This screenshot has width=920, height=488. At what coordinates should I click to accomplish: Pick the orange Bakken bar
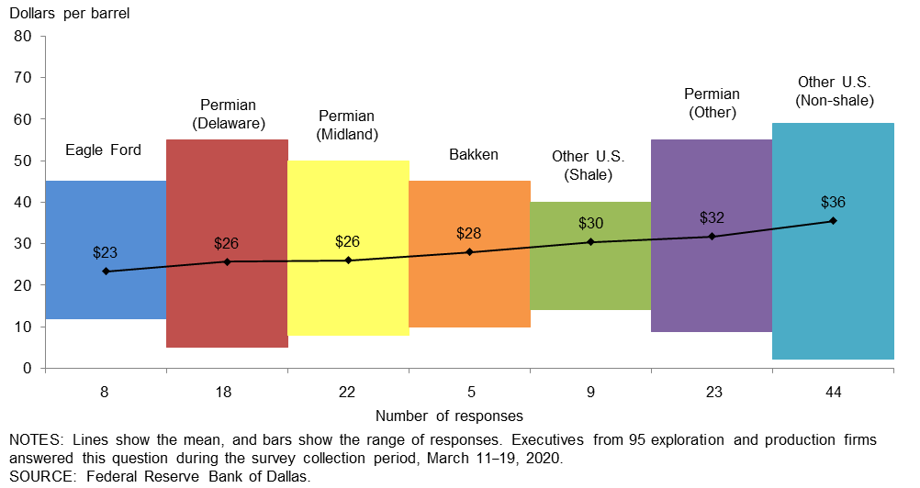(x=469, y=294)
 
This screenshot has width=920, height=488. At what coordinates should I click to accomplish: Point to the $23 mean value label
(x=106, y=252)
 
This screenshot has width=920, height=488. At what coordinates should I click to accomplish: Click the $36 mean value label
(x=833, y=202)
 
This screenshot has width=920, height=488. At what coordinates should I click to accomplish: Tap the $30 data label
(x=590, y=223)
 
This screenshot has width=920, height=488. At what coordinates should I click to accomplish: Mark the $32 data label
(x=712, y=218)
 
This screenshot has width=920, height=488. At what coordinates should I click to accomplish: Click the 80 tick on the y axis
(x=24, y=37)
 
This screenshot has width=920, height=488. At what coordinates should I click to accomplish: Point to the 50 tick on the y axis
(x=24, y=161)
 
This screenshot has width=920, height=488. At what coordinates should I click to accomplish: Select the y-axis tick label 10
(x=24, y=327)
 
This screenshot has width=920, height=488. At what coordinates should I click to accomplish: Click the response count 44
(x=833, y=392)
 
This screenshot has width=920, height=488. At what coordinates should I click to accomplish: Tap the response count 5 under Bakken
(x=469, y=392)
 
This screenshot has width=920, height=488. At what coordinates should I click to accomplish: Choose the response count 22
(x=348, y=392)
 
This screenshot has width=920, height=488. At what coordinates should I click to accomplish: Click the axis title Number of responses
(x=449, y=416)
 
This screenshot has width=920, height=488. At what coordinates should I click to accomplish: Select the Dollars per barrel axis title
(x=70, y=14)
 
